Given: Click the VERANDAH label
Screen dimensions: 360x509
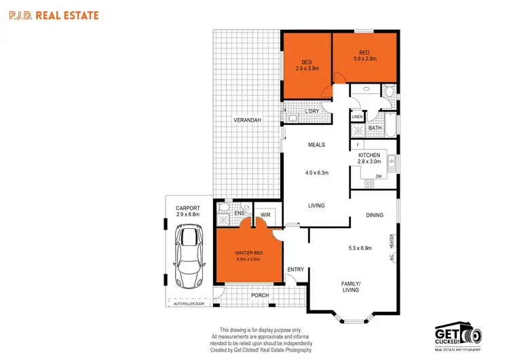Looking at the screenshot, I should pyautogui.click(x=248, y=120).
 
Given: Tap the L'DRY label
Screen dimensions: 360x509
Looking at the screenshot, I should pyautogui.click(x=312, y=111).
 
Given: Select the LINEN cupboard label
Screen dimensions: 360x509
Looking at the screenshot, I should pyautogui.click(x=358, y=117).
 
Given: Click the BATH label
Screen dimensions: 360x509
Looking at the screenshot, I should pyautogui.click(x=375, y=128).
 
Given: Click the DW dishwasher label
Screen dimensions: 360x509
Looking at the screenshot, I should pyautogui.click(x=379, y=177).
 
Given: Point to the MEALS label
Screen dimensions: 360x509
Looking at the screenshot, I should pyautogui.click(x=316, y=145).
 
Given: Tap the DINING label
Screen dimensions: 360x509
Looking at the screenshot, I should pyautogui.click(x=375, y=215).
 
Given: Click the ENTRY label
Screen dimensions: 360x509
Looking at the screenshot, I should pyautogui.click(x=296, y=270).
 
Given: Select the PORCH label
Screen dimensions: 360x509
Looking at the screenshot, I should pyautogui.click(x=260, y=295).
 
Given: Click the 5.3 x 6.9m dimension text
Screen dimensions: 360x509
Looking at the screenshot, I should pyautogui.click(x=360, y=248).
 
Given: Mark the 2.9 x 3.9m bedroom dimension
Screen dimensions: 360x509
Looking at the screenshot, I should pyautogui.click(x=307, y=69).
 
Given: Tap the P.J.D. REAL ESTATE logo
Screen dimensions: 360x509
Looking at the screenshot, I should pyautogui.click(x=53, y=14).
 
